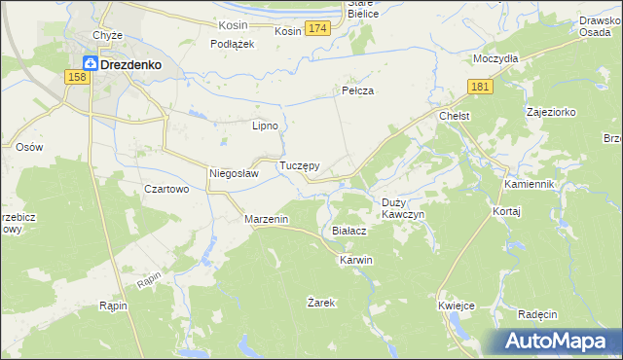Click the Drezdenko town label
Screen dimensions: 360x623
[129, 65]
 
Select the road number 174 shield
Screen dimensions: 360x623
[316, 31]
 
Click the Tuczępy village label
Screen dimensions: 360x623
[300, 166]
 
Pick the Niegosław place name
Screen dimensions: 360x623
[234, 174]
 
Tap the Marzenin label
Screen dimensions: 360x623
[266, 220]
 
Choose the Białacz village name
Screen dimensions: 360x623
[348, 232]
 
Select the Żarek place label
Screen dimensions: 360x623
[321, 303]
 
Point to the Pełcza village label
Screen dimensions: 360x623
[358, 90]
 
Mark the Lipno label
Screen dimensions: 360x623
[266, 126]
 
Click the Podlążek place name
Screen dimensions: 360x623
[233, 44]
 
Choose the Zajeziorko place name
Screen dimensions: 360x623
[551, 112]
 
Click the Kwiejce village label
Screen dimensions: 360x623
[457, 306]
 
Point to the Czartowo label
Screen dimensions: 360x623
[165, 189]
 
